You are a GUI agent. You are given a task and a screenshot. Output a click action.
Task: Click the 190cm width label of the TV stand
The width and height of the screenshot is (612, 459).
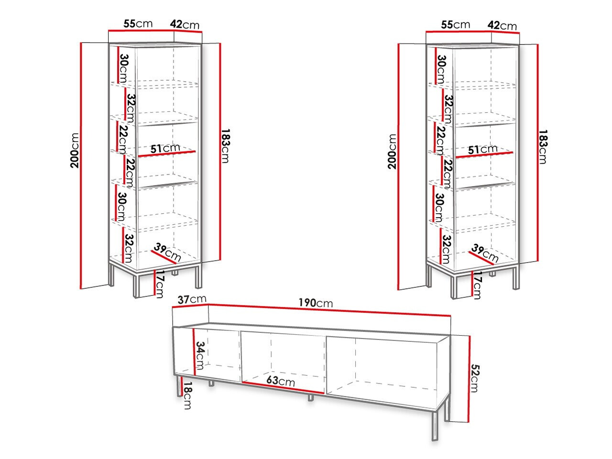coord(315,303)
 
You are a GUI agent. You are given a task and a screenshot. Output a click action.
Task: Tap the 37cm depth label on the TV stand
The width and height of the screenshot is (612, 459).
coord(192,299)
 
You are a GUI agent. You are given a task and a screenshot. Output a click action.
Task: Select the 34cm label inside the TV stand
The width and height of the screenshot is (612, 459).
coord(201,355)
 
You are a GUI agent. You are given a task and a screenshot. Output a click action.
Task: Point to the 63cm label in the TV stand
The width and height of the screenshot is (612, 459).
coord(281,381)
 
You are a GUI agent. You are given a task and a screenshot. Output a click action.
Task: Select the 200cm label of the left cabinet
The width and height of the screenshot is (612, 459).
coord(74,150)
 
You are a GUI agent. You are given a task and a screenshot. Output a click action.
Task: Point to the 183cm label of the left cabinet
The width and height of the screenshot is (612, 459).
coord(225,145)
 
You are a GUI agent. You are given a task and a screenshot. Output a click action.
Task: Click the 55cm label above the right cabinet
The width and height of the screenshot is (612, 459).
coord(455,24)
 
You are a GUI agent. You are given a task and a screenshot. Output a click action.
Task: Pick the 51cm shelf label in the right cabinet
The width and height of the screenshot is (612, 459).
coord(483,150)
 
